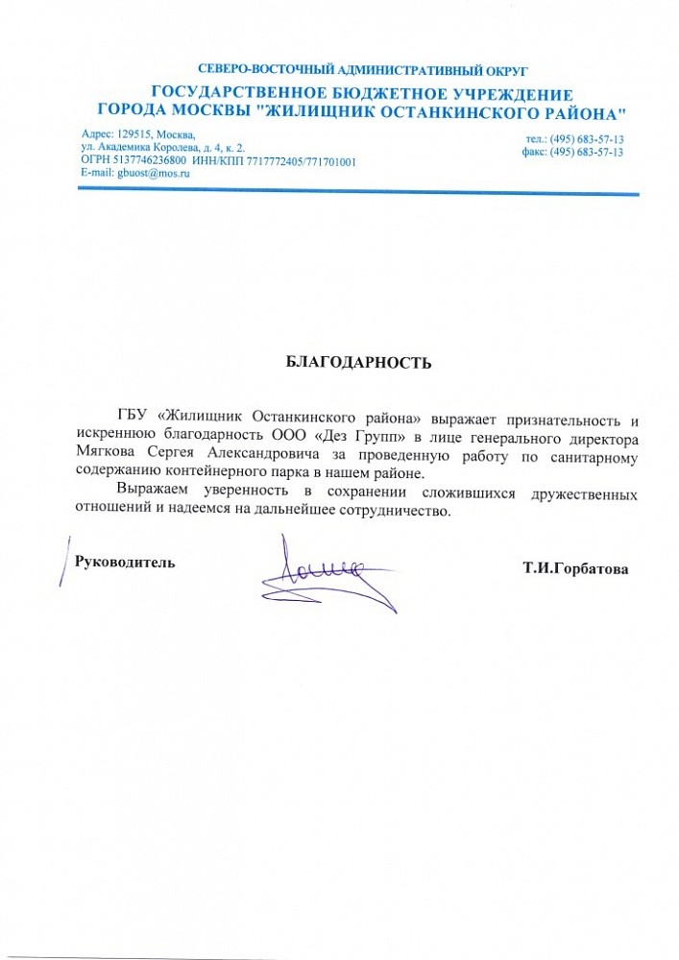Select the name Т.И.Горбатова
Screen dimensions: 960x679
575,569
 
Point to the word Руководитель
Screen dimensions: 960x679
125,562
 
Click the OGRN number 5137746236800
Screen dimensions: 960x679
147,161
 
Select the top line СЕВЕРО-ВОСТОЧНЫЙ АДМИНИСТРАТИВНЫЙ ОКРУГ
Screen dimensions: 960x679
362,69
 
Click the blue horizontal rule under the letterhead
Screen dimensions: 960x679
357,193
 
